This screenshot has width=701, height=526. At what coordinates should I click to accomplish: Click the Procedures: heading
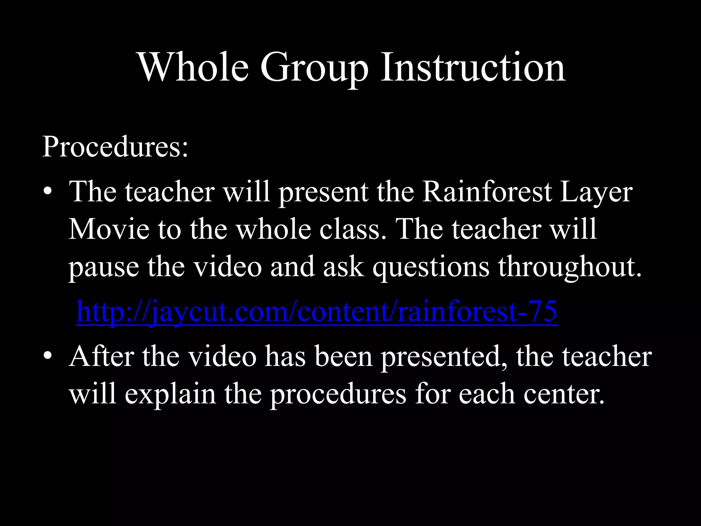[115, 147]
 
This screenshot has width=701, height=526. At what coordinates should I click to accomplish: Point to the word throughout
[570, 267]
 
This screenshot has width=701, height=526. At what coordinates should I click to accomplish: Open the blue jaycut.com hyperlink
[317, 312]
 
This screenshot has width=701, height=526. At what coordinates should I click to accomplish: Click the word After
[101, 357]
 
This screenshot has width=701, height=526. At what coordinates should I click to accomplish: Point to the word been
[343, 357]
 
